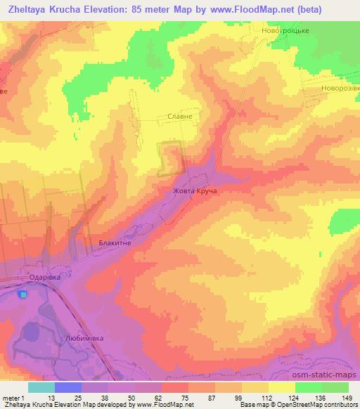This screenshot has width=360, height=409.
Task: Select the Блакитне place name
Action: [115, 242]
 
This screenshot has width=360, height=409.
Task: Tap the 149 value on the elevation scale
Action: [348, 398]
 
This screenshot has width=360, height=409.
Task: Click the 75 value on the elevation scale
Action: [174, 398]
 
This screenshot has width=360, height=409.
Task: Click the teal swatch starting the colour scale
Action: [41, 387]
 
